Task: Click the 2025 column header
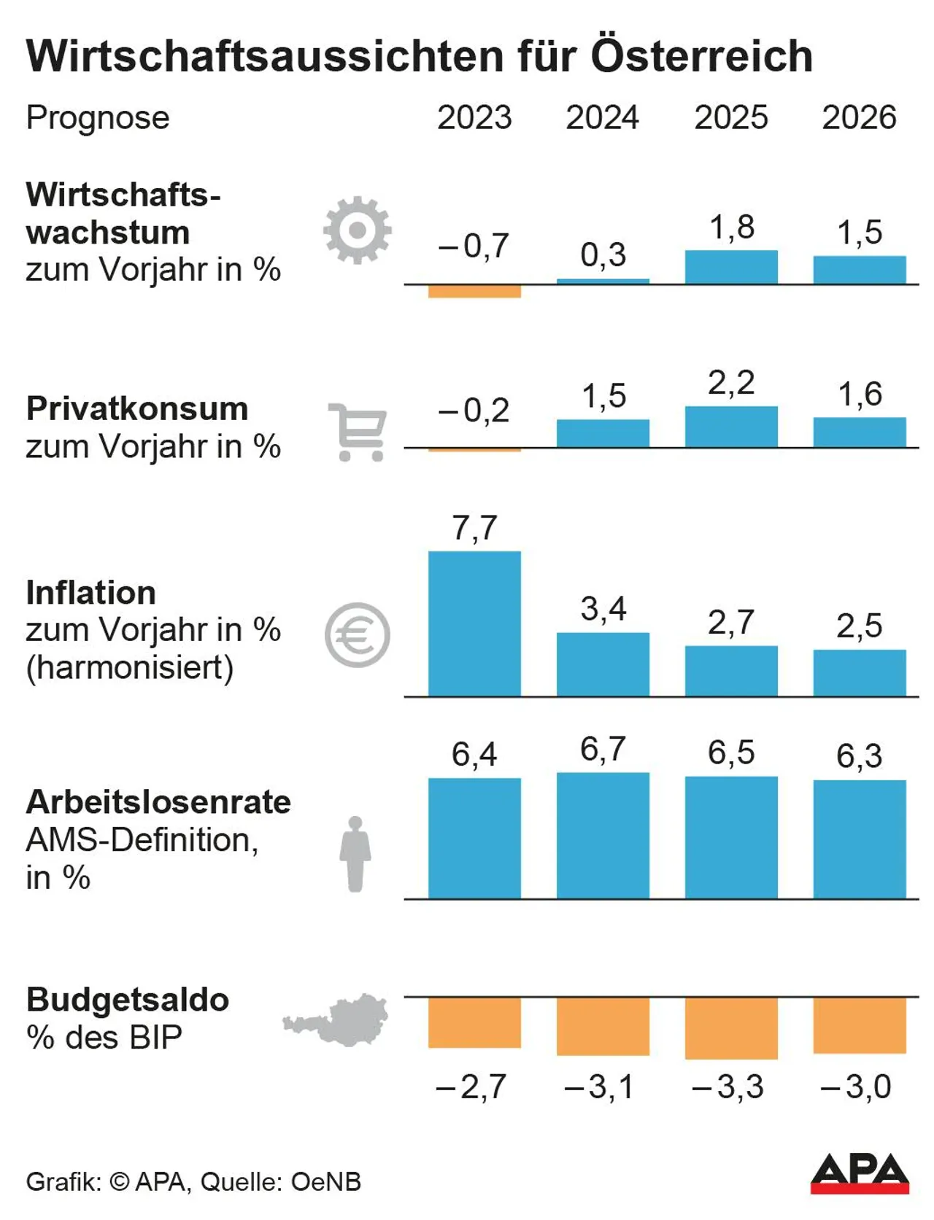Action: [730, 117]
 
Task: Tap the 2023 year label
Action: [474, 117]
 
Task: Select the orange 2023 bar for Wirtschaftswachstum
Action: [474, 292]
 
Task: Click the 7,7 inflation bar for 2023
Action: [474, 623]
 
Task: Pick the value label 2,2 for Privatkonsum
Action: [731, 383]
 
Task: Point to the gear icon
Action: [357, 230]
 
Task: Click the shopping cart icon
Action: [358, 432]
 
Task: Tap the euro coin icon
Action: [358, 635]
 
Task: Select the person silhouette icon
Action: [355, 853]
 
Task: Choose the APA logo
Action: [860, 1173]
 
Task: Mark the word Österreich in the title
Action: [701, 55]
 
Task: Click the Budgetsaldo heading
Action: [128, 1000]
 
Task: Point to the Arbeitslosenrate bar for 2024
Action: [603, 836]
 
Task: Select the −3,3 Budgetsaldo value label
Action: [727, 1087]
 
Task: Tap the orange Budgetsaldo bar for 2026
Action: [860, 1025]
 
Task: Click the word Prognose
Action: [98, 117]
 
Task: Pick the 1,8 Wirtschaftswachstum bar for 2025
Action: [731, 268]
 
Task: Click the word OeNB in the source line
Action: [326, 1182]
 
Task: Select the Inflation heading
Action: [91, 593]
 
